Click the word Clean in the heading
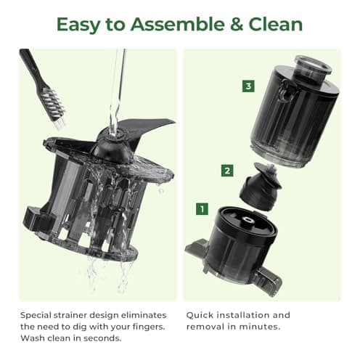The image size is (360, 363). [277, 24]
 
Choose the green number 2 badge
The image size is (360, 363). [227, 171]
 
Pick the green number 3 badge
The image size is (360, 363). [248, 86]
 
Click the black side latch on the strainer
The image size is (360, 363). [35, 216]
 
